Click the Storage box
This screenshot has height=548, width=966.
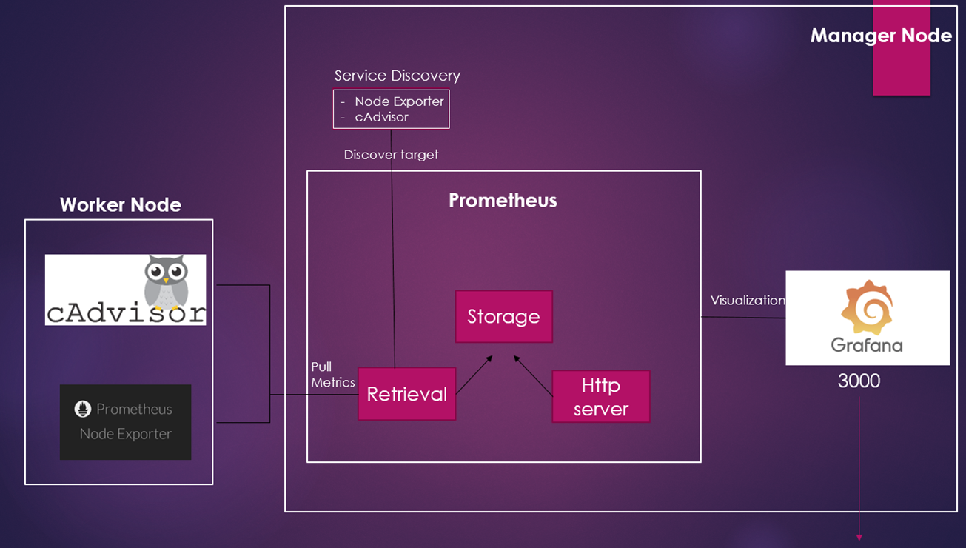tap(503, 316)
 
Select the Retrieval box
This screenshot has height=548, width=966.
tap(406, 393)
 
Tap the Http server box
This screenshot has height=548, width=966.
tap(600, 396)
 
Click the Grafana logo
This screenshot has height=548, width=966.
tap(867, 317)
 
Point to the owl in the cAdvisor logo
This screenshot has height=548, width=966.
tap(167, 281)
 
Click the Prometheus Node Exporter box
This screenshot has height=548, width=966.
tap(125, 421)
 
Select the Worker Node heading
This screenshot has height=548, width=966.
tap(120, 204)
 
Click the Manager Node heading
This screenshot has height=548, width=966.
tap(880, 36)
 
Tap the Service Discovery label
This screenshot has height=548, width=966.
tap(397, 76)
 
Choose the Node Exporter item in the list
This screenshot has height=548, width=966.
tap(399, 101)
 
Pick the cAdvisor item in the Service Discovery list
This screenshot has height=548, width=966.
tap(381, 117)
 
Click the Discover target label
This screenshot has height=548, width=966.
tap(391, 155)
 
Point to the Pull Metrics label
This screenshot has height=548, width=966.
tap(332, 375)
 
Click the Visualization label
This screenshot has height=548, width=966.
tap(747, 300)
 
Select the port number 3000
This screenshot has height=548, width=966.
tap(859, 381)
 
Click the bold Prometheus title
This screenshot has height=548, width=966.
tap(503, 201)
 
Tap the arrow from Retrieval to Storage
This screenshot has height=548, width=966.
tap(474, 375)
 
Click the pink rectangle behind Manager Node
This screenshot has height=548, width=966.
tap(901, 74)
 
